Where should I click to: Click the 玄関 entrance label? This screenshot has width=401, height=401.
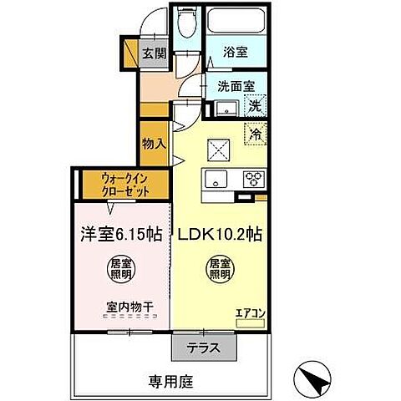(154, 52)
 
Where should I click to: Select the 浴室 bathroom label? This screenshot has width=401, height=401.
(236, 51)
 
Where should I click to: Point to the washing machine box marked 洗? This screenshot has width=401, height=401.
(256, 106)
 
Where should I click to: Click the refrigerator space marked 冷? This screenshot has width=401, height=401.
(256, 132)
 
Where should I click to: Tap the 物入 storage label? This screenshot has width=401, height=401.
(154, 144)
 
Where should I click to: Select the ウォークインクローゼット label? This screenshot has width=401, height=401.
(125, 185)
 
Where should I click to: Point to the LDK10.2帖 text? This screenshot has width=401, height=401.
(219, 235)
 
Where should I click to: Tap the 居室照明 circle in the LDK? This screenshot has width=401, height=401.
(221, 269)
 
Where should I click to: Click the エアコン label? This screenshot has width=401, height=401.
(250, 313)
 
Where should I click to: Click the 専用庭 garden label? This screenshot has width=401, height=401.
(171, 382)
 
